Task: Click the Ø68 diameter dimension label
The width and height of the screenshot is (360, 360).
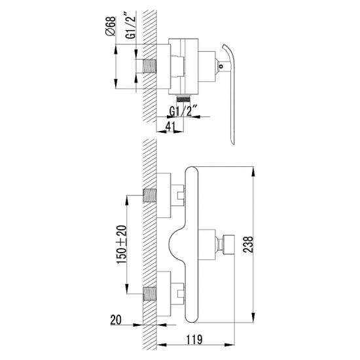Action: click(111, 26)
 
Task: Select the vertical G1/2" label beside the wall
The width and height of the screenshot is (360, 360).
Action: click(131, 27)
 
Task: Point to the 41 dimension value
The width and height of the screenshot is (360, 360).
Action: click(170, 126)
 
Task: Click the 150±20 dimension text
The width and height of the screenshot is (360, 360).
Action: click(122, 245)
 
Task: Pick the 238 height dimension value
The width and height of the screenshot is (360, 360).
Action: click(248, 244)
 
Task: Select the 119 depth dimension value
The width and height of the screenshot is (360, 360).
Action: click(194, 340)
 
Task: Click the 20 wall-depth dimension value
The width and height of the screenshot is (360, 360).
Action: click(116, 320)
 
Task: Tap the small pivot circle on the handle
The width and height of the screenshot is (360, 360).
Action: click(221, 67)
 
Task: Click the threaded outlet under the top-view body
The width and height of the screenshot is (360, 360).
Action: click(184, 98)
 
